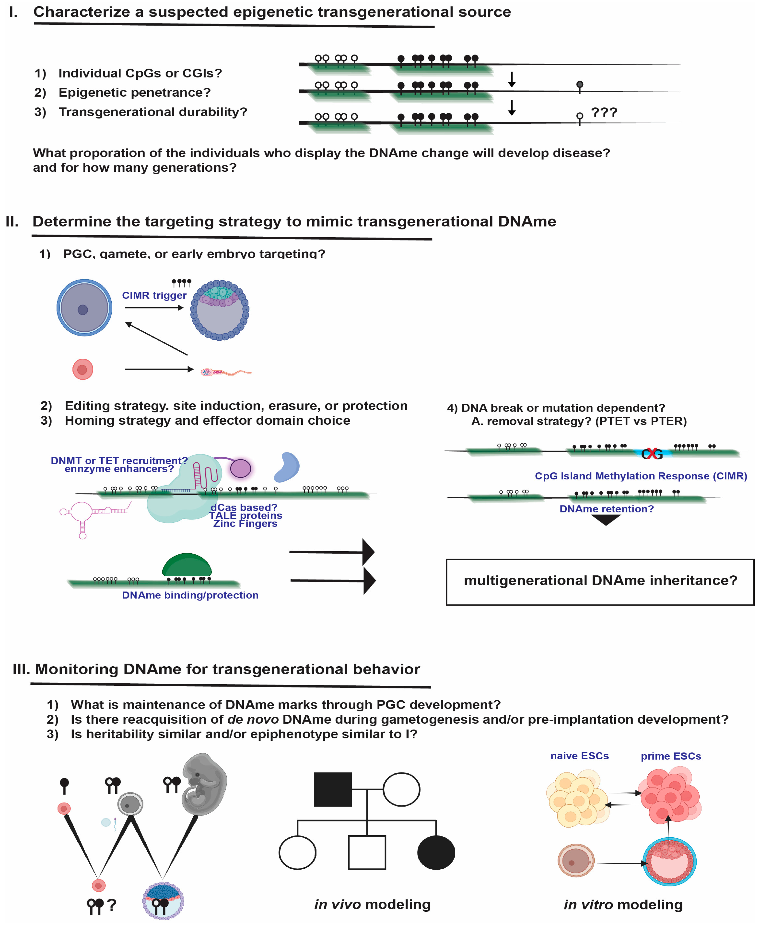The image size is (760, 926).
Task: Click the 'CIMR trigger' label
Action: (x=154, y=296)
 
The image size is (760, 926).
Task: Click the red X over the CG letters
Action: (x=651, y=454)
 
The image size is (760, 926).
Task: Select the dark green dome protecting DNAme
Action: (x=187, y=565)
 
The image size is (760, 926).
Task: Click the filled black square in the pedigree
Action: (x=333, y=789)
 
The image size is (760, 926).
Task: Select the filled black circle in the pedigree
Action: (x=436, y=852)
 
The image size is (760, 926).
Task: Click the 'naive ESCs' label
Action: (x=579, y=756)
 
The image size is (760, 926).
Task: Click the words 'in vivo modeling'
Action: (x=372, y=904)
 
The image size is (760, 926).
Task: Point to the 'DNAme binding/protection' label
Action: (x=190, y=595)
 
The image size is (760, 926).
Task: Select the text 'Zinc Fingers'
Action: (x=245, y=524)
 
